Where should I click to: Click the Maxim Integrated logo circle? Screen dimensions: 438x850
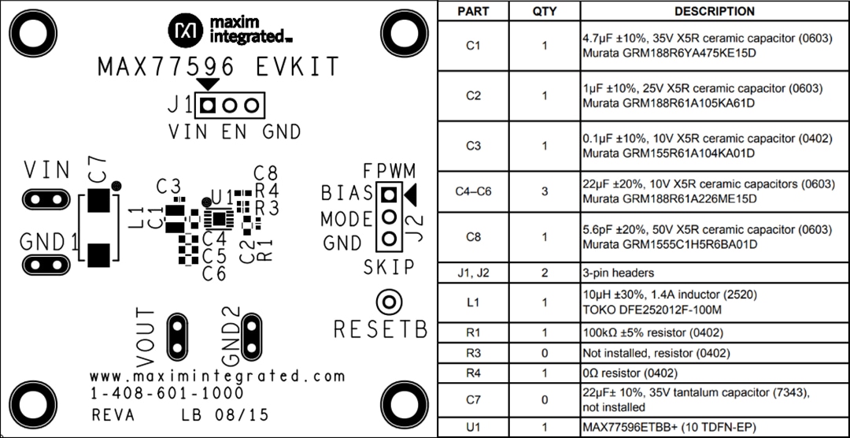pyautogui.click(x=187, y=30)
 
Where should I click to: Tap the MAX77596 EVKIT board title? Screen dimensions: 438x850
pyautogui.click(x=218, y=67)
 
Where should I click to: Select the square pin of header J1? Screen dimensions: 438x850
pyautogui.click(x=209, y=105)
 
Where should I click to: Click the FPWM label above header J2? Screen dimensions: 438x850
pyautogui.click(x=389, y=171)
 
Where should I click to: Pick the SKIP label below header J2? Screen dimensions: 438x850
pyautogui.click(x=389, y=268)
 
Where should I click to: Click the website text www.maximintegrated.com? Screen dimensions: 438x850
pyautogui.click(x=218, y=375)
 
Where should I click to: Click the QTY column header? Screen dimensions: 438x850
pyautogui.click(x=544, y=11)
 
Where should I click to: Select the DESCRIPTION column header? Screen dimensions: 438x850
pyautogui.click(x=714, y=11)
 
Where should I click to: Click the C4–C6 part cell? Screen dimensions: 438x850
pyautogui.click(x=472, y=191)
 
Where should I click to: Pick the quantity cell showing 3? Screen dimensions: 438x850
pyautogui.click(x=544, y=191)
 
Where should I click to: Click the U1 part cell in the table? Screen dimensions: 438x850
pyautogui.click(x=472, y=428)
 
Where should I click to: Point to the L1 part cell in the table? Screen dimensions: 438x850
pyautogui.click(x=472, y=303)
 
